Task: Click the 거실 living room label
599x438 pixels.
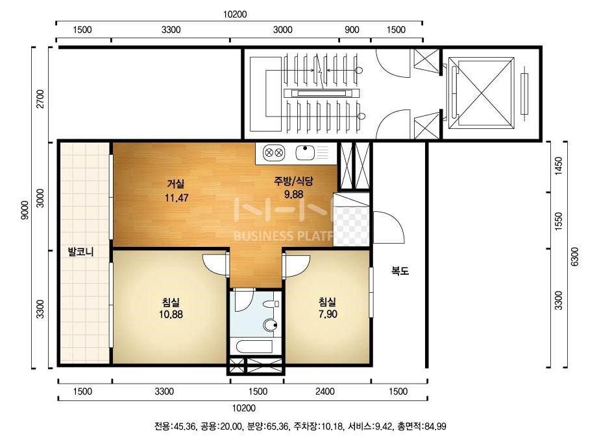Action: point(176,184)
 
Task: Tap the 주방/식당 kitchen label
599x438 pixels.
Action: point(293,181)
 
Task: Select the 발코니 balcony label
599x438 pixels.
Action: point(80,251)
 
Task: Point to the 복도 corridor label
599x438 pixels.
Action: point(400,271)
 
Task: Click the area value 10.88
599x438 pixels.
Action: point(171,314)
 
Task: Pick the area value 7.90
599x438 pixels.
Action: point(328,314)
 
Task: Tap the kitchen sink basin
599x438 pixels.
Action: point(305,153)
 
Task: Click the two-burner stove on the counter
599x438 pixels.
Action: point(274,153)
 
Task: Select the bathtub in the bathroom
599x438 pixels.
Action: point(255,347)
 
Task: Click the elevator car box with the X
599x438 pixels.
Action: point(481,93)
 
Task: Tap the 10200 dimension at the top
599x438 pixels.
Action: point(235,14)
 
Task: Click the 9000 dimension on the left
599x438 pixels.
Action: point(25,210)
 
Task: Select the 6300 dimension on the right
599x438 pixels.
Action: point(574,257)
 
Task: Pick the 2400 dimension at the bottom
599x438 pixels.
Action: point(325,391)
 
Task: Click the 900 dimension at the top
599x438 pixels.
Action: point(352,30)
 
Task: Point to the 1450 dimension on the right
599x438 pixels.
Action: point(559,166)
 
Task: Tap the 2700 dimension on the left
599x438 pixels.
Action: point(40,99)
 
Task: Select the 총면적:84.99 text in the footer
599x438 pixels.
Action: point(421,426)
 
